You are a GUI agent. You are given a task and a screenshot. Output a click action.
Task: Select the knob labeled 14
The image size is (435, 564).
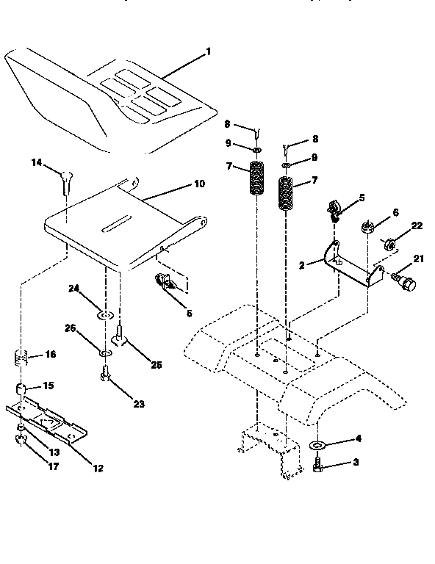click(65, 177)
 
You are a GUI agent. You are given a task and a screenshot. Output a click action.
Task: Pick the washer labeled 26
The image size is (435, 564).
click(105, 352)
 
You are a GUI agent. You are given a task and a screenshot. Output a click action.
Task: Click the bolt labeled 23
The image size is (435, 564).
click(104, 376)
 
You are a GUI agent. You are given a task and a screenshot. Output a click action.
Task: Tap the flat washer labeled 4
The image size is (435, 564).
click(318, 445)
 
